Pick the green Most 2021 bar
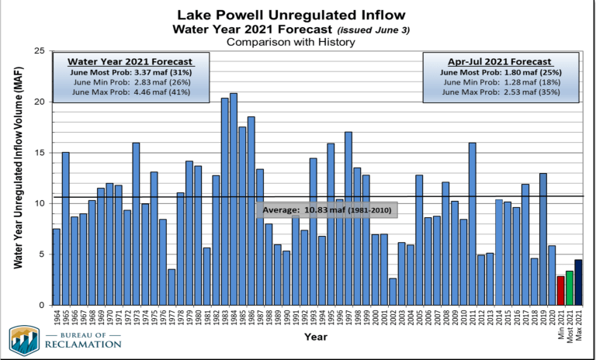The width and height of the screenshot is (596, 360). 569,288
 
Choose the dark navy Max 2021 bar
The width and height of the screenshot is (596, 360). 578,282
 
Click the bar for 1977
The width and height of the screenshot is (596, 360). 172,287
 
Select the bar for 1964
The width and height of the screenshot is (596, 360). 57,267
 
